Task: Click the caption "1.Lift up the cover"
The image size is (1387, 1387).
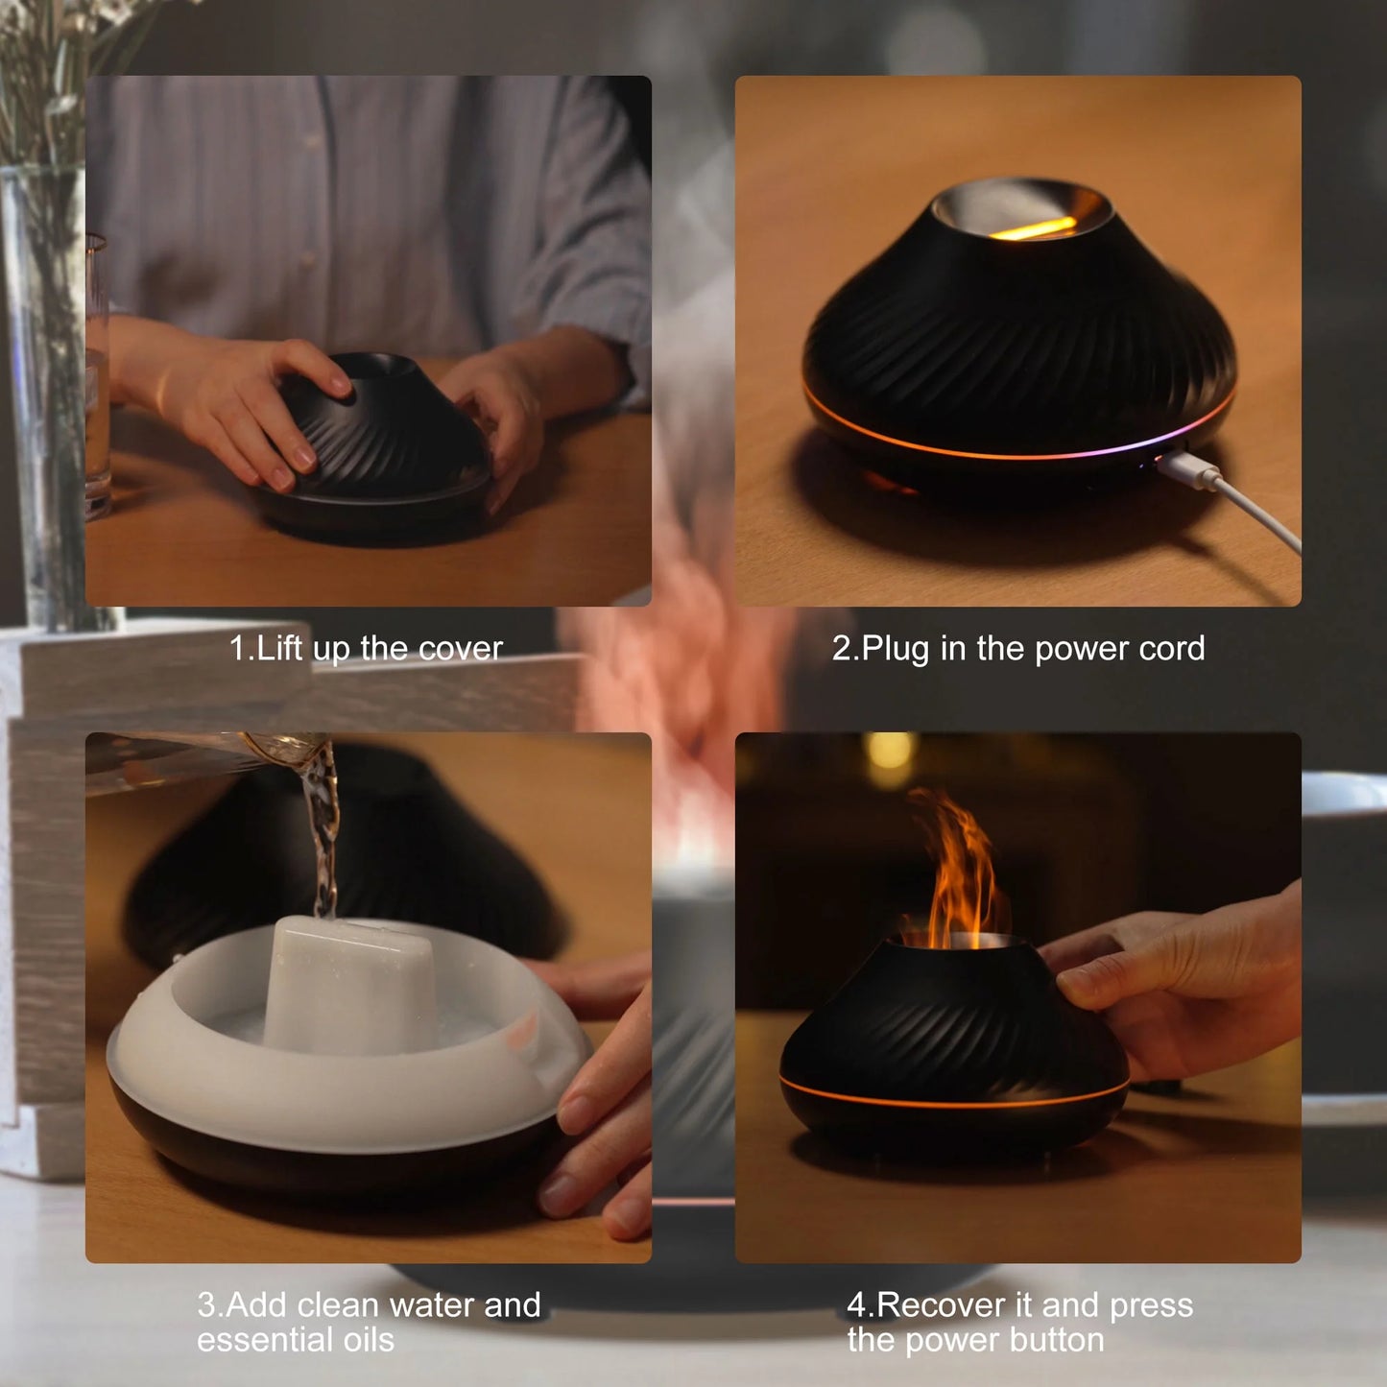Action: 366,649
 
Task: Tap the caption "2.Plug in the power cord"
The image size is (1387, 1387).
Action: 1017,649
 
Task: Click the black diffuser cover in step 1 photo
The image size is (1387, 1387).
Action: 394,432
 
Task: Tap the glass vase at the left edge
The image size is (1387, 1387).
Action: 43,384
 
